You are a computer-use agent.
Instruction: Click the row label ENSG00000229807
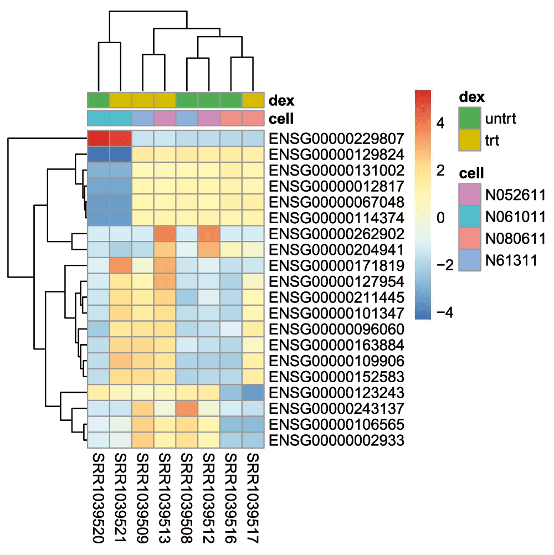pos(336,138)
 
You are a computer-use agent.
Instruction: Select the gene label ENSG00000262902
pos(336,234)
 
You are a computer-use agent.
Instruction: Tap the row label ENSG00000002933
pos(336,440)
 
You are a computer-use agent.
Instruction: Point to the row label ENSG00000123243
pos(336,393)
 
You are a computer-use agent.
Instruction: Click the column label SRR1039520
pos(99,498)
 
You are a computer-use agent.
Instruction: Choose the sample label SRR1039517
pos(253,498)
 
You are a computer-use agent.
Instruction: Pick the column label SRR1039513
pos(165,498)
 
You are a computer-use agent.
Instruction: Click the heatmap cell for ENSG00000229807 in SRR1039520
pos(99,138)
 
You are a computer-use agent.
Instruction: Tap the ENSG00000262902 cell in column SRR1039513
pos(165,234)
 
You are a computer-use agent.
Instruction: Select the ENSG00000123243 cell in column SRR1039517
pos(253,393)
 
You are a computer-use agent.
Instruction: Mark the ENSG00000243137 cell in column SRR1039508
pos(187,408)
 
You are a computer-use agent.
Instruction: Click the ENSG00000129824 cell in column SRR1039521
pos(121,155)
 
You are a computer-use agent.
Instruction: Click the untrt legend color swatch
pos(470,118)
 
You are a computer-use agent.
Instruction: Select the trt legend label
pos(492,141)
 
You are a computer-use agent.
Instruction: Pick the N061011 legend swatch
pos(470,217)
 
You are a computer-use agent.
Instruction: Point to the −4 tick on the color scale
pos(445,312)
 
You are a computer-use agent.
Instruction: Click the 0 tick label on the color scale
pos(441,218)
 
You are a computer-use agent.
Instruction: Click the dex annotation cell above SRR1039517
pos(253,100)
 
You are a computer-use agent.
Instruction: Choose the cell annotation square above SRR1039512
pos(209,118)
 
